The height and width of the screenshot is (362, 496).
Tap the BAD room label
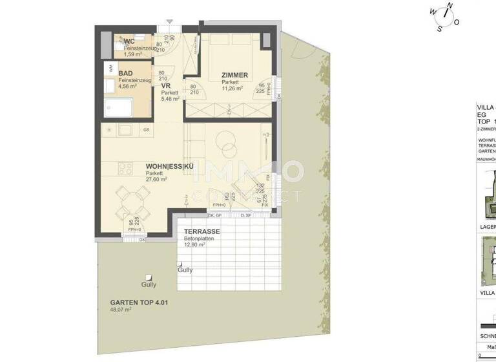pos(125,73)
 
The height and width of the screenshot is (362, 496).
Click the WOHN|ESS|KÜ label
pos(169,167)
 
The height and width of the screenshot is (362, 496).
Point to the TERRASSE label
pos(202,231)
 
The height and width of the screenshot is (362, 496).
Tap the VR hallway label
pos(165,86)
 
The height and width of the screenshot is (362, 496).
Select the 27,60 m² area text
pos(156,180)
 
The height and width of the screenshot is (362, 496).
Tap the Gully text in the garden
pos(149,284)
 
